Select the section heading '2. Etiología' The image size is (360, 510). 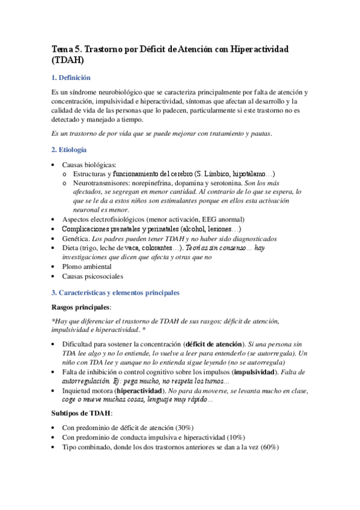(x=69, y=149)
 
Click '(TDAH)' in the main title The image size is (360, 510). (x=68, y=60)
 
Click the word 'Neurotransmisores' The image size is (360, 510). (x=98, y=182)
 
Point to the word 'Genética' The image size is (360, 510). (x=75, y=238)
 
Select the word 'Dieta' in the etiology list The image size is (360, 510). (x=70, y=248)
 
